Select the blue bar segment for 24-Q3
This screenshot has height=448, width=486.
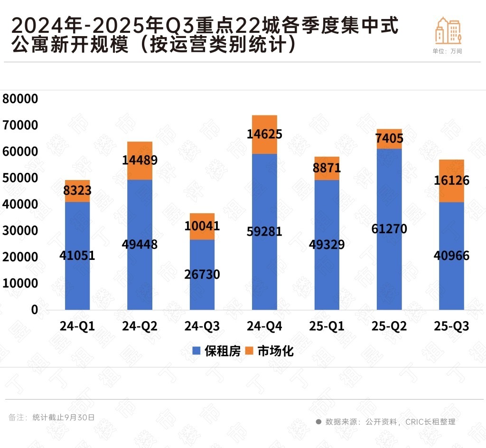[202, 295]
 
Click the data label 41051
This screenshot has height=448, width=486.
[77, 256]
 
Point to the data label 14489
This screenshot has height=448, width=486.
[140, 160]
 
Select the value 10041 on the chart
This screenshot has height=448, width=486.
[202, 226]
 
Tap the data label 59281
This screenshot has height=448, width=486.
[264, 232]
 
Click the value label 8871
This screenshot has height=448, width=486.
[327, 168]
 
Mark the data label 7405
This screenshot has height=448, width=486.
[389, 139]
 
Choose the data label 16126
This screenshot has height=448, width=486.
[451, 181]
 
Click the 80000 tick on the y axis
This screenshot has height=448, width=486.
[20, 99]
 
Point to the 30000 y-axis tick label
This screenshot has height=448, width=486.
[20, 231]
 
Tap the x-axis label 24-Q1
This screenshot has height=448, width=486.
[77, 326]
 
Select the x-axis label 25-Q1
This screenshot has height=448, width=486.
[327, 326]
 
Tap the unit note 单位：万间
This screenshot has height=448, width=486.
[447, 51]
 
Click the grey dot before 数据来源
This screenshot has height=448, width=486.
[318, 421]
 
